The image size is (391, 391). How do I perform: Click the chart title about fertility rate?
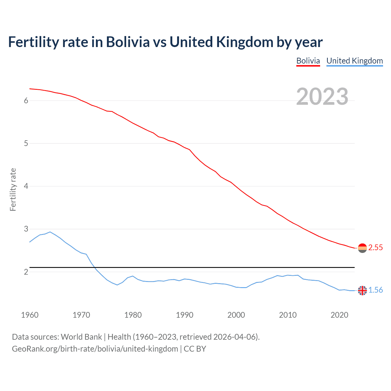165,42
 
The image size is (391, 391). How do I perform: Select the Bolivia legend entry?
308,61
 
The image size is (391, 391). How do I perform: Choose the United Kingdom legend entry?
354,61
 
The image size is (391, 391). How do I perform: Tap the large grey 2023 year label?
322,97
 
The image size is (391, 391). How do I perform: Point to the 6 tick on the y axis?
26,100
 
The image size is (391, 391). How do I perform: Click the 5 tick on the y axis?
26,143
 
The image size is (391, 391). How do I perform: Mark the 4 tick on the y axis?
26,186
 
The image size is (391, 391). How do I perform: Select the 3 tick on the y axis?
26,229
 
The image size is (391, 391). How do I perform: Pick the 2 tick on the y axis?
26,272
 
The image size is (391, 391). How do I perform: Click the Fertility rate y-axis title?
13,189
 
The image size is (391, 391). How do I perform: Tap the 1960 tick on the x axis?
30,315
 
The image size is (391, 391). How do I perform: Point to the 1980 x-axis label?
133,315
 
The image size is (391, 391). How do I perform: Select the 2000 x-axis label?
236,315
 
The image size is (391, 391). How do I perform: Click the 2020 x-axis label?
339,315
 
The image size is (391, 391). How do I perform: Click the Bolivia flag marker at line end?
362,248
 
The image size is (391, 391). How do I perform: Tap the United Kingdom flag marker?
362,291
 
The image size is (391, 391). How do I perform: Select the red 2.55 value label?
375,248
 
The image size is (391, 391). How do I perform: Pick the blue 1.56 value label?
375,290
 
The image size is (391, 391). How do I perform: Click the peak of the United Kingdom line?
50,232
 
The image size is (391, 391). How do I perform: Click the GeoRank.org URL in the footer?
95,349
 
